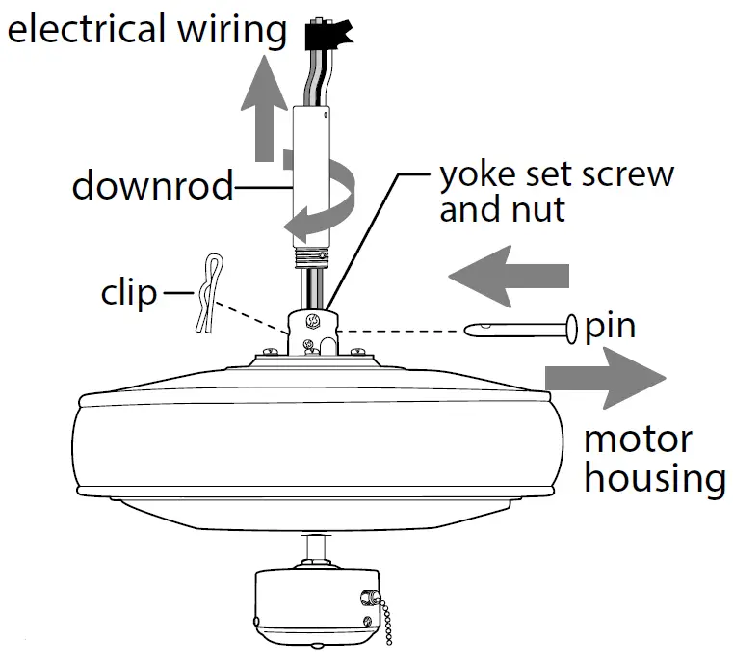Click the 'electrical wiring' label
(x=146, y=29)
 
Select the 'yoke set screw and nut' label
(x=556, y=192)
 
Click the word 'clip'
(x=128, y=292)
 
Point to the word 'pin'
(x=610, y=326)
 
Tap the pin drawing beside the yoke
(x=521, y=329)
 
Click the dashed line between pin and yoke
(x=405, y=330)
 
